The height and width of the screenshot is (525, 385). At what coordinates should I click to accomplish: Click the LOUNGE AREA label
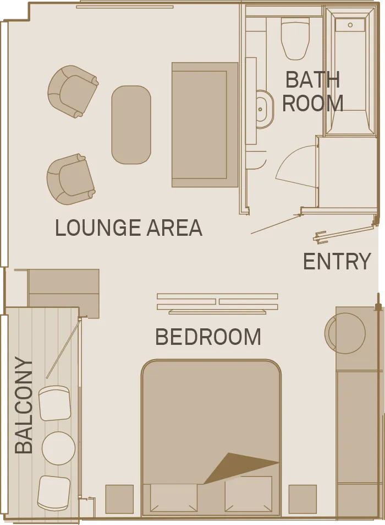(x=129, y=228)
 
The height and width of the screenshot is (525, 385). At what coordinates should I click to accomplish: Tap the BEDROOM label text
(x=208, y=337)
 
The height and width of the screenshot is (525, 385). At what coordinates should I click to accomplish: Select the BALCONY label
(x=24, y=405)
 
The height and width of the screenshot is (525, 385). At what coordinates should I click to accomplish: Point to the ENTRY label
(x=337, y=261)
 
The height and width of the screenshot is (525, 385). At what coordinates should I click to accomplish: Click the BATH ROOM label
(x=313, y=91)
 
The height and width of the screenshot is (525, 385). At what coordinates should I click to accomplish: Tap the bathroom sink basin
(x=265, y=109)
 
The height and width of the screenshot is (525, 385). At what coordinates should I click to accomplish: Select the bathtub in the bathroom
(x=350, y=72)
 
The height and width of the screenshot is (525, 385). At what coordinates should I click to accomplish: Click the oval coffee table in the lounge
(x=131, y=125)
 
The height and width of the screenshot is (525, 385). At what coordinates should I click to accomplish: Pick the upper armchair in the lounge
(x=73, y=91)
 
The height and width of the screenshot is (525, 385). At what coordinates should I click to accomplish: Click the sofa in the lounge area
(x=205, y=125)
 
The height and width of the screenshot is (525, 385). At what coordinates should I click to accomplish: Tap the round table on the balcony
(x=58, y=448)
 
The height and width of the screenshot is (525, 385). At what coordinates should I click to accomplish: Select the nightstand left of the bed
(x=120, y=499)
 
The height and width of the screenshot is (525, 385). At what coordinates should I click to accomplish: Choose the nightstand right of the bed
(x=302, y=499)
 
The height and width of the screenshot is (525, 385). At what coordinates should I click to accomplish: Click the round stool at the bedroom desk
(x=345, y=333)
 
